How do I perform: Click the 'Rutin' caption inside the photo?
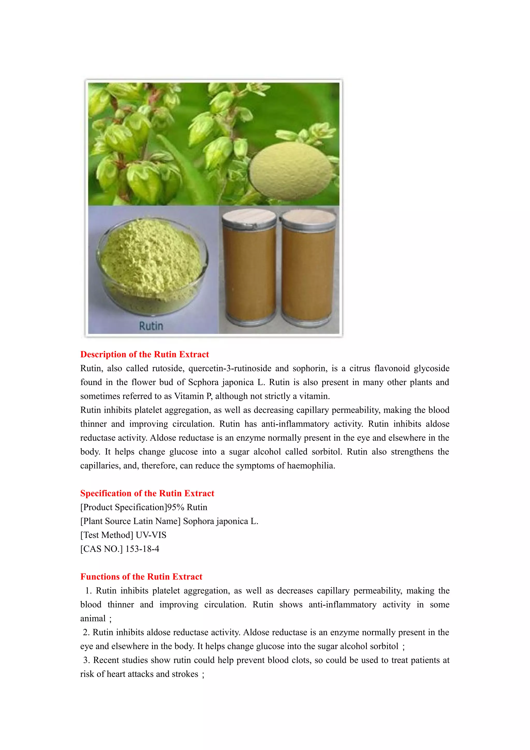coord(151,326)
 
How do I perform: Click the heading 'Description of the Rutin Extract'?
coord(144,354)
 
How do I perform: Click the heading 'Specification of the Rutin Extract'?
coord(147,493)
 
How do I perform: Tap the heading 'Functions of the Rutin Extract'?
coord(141,577)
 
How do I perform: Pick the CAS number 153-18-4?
coord(142,549)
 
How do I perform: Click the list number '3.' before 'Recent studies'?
coord(86,660)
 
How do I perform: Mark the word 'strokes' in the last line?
coord(185,674)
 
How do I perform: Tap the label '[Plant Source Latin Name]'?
coord(130,521)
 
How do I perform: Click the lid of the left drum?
coord(249,218)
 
